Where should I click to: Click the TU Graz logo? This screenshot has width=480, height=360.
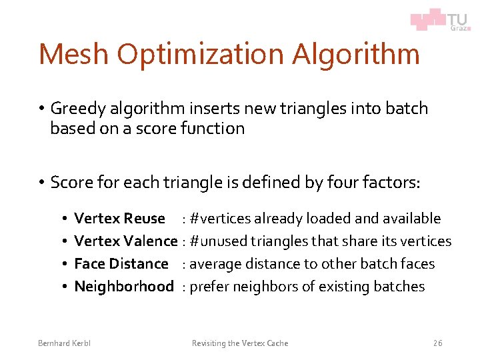(439, 19)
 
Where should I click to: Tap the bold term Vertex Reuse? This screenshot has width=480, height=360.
(119, 219)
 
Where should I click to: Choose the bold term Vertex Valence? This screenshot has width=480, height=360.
(126, 241)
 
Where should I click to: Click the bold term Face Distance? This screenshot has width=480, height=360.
(121, 264)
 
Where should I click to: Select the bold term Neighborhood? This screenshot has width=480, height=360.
(124, 287)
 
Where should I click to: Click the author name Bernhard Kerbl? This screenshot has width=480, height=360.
(64, 343)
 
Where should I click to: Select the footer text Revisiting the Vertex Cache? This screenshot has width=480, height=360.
(240, 343)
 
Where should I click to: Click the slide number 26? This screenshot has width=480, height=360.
(437, 343)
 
